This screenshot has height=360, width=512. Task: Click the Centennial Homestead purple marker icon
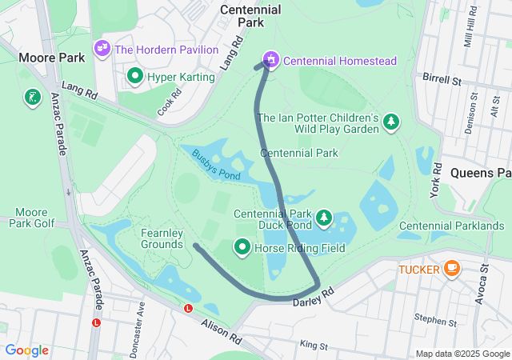271,59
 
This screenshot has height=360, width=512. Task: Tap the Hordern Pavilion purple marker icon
102,49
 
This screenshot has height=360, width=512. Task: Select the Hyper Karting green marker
134,77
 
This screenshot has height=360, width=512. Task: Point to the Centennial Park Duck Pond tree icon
323,217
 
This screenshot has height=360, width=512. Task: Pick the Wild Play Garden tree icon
391,121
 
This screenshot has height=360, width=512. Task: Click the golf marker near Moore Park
31,98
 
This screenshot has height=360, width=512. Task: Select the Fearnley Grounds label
163,238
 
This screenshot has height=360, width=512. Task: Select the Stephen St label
435,321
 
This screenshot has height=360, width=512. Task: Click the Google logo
27,350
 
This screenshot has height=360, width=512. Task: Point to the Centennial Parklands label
451,226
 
